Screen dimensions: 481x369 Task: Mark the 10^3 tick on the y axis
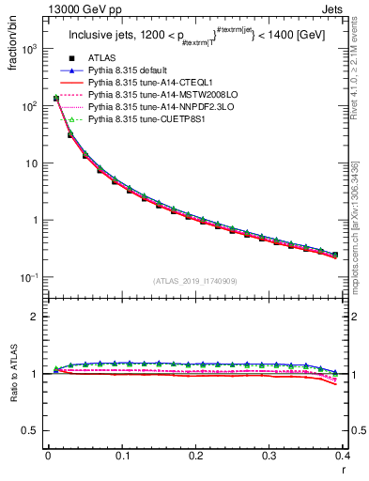point(31,49)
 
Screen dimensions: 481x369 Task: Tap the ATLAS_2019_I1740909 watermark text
point(194,281)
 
